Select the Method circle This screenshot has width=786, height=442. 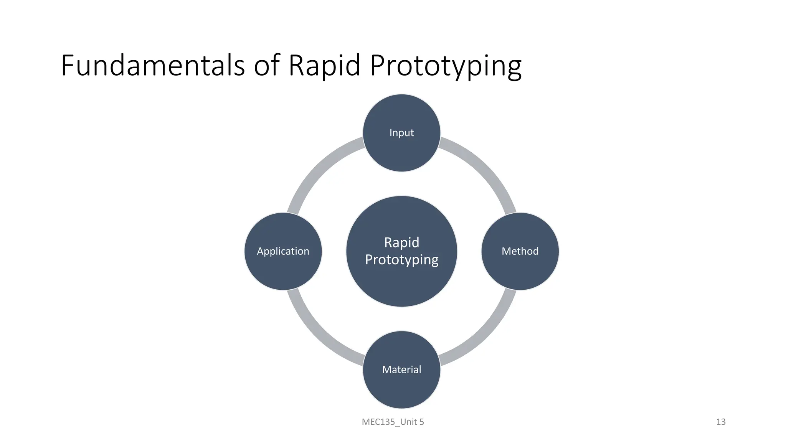tap(520, 269)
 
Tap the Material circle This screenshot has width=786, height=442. tap(401, 388)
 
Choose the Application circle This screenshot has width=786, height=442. tap(283, 269)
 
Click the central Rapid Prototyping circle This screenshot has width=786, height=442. tap(401, 284)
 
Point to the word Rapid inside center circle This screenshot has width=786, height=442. tap(401, 242)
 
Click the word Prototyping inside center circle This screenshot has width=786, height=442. tap(401, 260)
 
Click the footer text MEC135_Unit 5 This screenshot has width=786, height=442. tap(393, 422)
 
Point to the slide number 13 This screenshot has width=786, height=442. tap(721, 422)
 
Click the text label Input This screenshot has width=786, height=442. tap(401, 133)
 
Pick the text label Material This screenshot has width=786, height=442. tap(401, 369)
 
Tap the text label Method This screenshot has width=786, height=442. tap(520, 251)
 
